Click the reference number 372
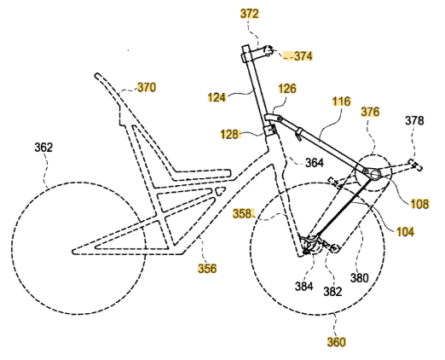(x=250, y=14)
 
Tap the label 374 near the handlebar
(x=303, y=56)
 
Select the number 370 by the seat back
(x=147, y=87)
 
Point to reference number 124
(x=217, y=97)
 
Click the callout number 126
(x=287, y=89)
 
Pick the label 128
(x=229, y=134)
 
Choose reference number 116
(x=342, y=102)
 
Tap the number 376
(x=370, y=112)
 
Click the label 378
(x=414, y=120)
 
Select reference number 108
(x=419, y=204)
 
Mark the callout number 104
(x=405, y=232)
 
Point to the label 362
(x=43, y=148)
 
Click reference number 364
(x=315, y=163)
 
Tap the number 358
(x=242, y=213)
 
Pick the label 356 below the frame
(x=207, y=269)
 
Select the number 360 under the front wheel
(x=336, y=342)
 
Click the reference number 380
(x=359, y=278)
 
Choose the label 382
(x=332, y=292)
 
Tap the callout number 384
(x=303, y=287)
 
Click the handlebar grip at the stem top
(x=268, y=50)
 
